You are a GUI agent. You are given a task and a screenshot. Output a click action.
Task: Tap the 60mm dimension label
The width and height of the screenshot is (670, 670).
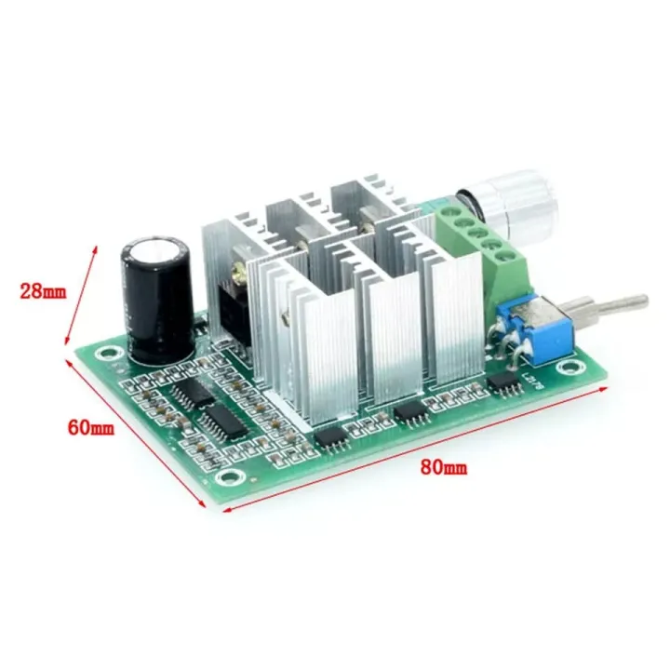click(90, 428)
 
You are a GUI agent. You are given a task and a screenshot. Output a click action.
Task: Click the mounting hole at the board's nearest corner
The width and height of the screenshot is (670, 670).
click(226, 478)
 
